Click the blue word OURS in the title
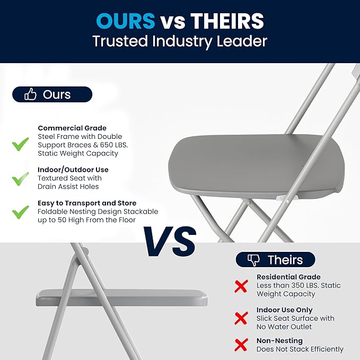coord(126,21)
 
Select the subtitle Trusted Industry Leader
coord(180,41)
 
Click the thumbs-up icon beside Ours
coord(31,95)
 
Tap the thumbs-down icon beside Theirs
coord(254,260)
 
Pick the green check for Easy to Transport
coord(21,212)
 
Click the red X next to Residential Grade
coord(241,286)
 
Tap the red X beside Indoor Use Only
coord(241,318)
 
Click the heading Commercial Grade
coord(72,128)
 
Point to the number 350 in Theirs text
coord(301,285)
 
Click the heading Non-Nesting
coord(279,340)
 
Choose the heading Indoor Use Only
coord(285,310)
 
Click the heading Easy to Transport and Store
coord(87,203)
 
